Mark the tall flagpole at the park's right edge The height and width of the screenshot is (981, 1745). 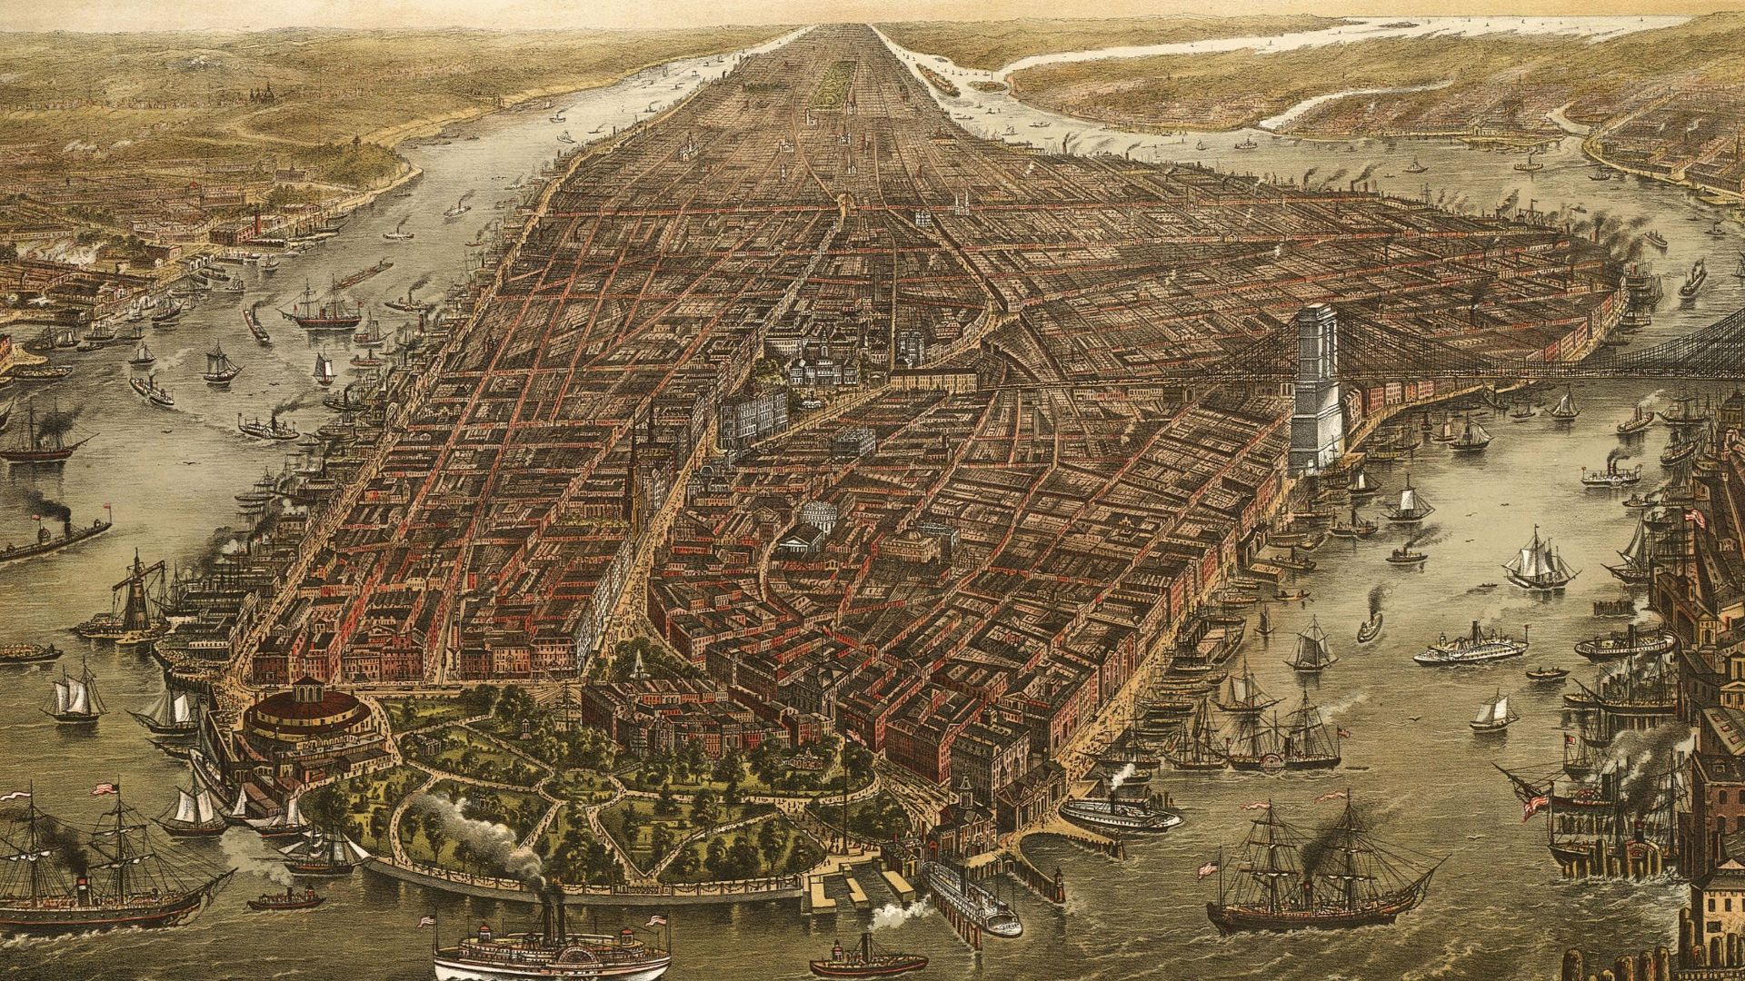pyautogui.click(x=845, y=799)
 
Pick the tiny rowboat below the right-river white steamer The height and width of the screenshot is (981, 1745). pyautogui.click(x=1547, y=674)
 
